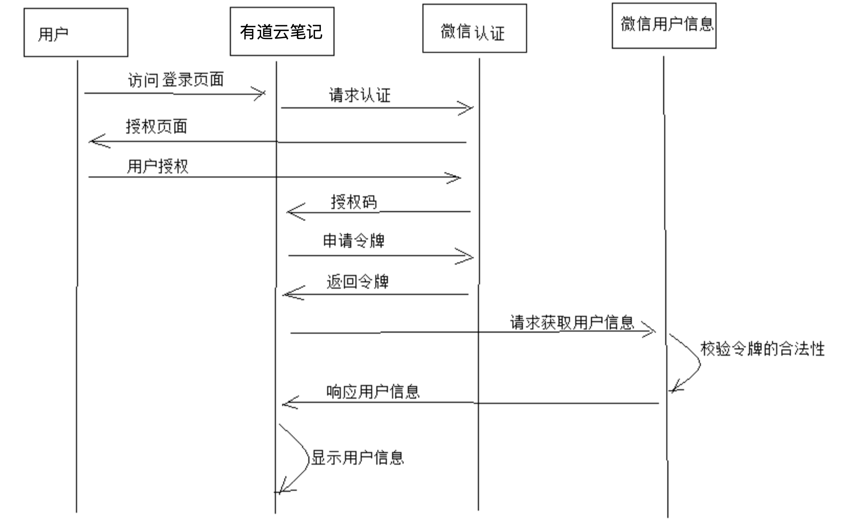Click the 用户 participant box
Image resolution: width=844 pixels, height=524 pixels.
point(76,32)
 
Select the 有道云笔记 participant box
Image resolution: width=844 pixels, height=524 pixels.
point(282,31)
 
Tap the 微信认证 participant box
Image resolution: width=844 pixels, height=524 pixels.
point(474,29)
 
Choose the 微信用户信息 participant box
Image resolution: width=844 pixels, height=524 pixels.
point(664,26)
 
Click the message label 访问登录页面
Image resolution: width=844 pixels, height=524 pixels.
point(176,79)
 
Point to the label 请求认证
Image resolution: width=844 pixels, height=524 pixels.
point(359,95)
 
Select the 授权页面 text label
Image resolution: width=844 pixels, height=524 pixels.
point(156,126)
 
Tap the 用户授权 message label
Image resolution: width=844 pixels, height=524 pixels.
point(157,166)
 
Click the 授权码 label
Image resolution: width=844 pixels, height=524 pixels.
point(354,202)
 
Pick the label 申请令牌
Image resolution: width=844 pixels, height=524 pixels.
point(354,241)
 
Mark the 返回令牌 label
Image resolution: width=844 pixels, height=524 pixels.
point(357,281)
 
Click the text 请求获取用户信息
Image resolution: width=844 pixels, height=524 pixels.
point(571,322)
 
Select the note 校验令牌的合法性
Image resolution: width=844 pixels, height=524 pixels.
point(762,349)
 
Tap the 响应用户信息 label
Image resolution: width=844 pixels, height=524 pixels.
point(373,391)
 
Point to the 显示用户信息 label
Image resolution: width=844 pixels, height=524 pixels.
point(357,457)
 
